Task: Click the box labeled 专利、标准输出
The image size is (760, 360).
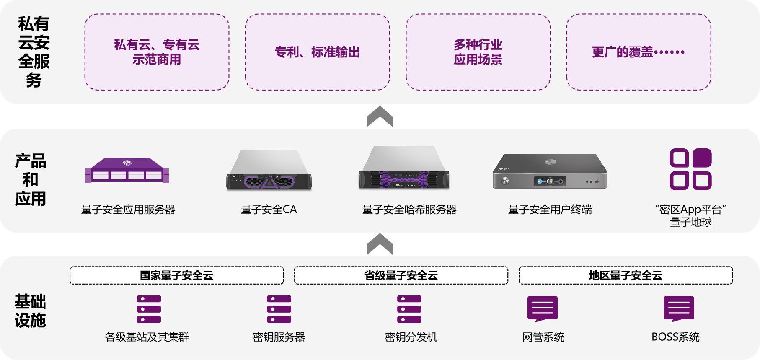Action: tap(317, 52)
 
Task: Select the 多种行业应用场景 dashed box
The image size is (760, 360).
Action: tap(478, 52)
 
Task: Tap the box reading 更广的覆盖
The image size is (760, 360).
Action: tap(639, 52)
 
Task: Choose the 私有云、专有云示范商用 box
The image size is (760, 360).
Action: tap(157, 52)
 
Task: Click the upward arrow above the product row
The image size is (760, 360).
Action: tap(380, 117)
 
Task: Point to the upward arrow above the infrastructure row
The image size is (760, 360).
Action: tap(380, 244)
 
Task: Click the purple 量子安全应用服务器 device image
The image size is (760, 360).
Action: tap(127, 171)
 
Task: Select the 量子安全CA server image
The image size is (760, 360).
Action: tap(269, 171)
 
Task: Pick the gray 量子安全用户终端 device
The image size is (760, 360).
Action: tap(550, 172)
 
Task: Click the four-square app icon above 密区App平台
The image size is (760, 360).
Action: tap(690, 169)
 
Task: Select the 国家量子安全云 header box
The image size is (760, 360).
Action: tap(176, 275)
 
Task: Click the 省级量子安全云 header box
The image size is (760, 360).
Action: tap(401, 275)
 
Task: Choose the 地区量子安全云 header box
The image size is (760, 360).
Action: tap(626, 275)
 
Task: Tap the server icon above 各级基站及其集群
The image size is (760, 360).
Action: tap(149, 309)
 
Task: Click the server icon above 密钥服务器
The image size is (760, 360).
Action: tap(279, 309)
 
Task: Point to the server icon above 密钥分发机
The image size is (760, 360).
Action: tap(409, 309)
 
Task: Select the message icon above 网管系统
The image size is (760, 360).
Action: tap(543, 309)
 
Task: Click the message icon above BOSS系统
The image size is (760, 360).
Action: tap(679, 309)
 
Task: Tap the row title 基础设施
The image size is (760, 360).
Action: tap(30, 311)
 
